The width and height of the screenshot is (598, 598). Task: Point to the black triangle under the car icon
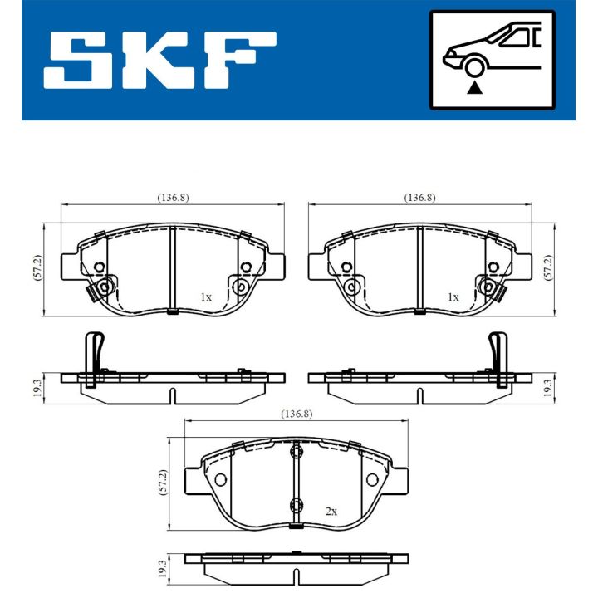coord(474,87)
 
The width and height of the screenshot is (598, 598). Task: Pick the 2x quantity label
coord(330,512)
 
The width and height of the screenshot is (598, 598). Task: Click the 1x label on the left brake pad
coord(206,297)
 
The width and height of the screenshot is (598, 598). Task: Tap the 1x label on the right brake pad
coord(453,297)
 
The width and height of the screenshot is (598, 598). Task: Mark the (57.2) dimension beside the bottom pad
coord(163,483)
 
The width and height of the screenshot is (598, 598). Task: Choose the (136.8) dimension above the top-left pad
coord(173,198)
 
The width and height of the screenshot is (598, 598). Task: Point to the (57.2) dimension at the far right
coord(548,267)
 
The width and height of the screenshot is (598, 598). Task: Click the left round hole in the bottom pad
coord(220,481)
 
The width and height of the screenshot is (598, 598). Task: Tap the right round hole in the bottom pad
coord(371,481)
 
